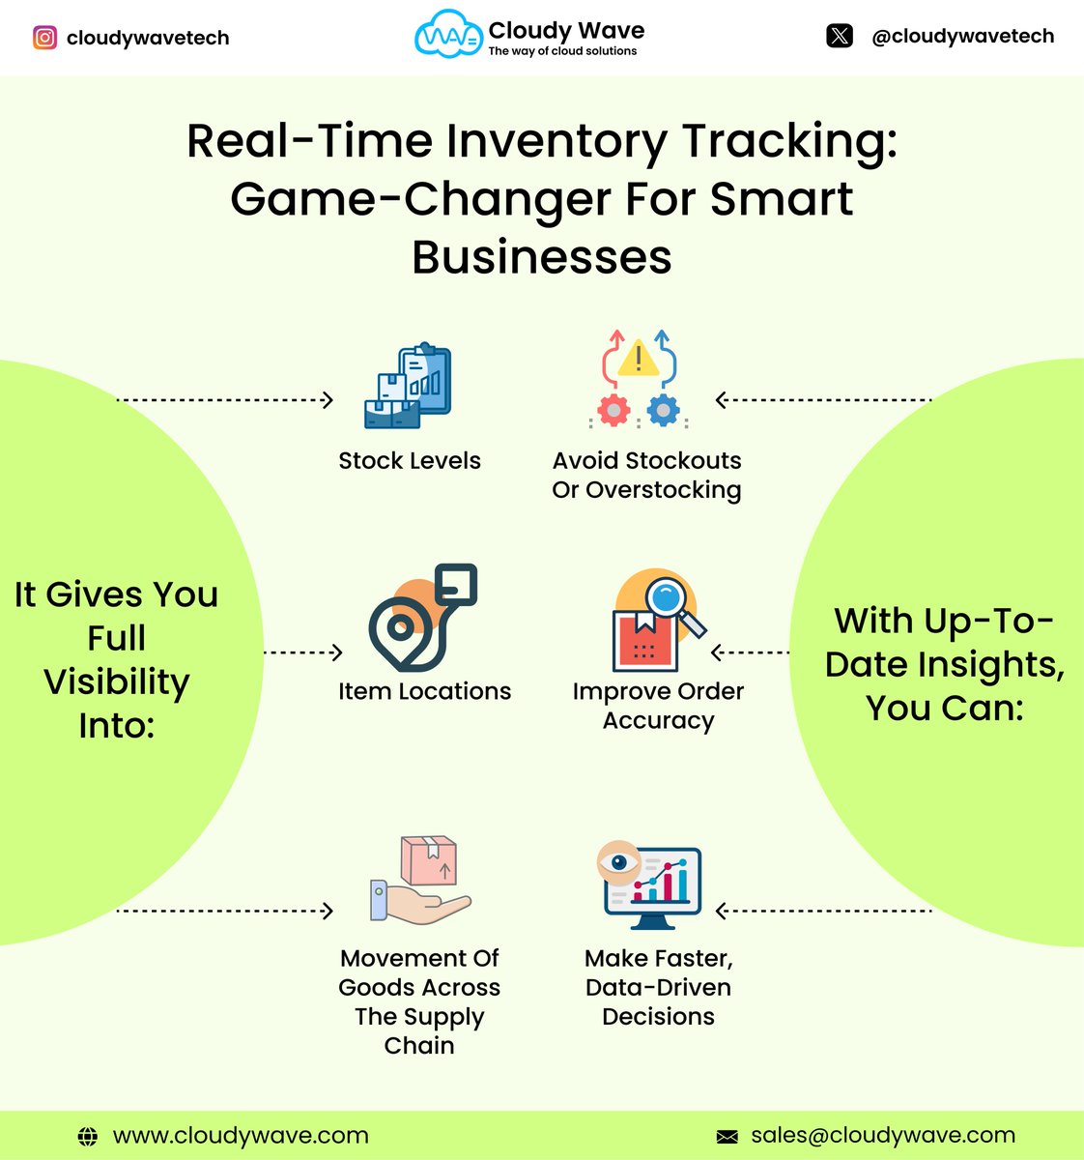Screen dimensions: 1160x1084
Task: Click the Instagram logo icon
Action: [44, 38]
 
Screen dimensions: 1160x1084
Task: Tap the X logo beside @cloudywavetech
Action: [840, 37]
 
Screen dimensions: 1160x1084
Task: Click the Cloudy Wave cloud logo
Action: [446, 36]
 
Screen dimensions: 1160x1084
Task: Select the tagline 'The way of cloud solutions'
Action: [562, 51]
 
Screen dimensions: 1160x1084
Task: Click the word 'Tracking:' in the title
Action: [790, 141]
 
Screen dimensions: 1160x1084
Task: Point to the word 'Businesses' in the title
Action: [541, 257]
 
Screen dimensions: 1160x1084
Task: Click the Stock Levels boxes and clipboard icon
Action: [408, 386]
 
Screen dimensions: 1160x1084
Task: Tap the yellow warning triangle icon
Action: [638, 357]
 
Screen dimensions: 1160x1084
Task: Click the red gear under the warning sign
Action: [613, 410]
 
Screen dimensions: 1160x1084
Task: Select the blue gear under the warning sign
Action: [663, 410]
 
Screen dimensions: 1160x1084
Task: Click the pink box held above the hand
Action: [429, 859]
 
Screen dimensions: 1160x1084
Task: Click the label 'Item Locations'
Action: [424, 691]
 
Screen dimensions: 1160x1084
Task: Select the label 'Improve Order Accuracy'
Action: [658, 706]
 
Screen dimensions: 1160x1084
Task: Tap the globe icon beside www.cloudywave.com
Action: [88, 1136]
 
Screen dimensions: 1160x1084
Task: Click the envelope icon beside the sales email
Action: [727, 1136]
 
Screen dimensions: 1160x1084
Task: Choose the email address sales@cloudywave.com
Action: [883, 1135]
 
